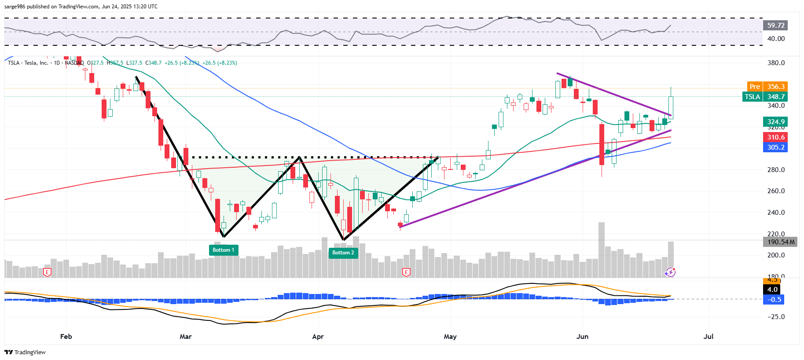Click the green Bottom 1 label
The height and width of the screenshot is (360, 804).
pyautogui.click(x=223, y=250)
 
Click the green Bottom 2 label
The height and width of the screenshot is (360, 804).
pyautogui.click(x=343, y=253)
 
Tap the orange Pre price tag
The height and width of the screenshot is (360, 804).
pyautogui.click(x=755, y=87)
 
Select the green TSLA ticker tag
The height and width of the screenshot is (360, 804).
pyautogui.click(x=752, y=97)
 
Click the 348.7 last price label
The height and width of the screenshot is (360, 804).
pyautogui.click(x=775, y=97)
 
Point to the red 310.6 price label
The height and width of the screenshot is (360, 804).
pyautogui.click(x=775, y=137)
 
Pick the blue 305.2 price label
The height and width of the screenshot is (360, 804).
pyautogui.click(x=775, y=147)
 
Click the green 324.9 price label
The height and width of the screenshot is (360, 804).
pyautogui.click(x=775, y=122)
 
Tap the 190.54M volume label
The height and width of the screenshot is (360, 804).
pyautogui.click(x=781, y=242)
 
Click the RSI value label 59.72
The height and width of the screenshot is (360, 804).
pyautogui.click(x=775, y=26)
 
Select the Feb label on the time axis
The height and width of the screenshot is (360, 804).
pyautogui.click(x=66, y=337)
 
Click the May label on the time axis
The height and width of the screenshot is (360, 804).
pyautogui.click(x=450, y=337)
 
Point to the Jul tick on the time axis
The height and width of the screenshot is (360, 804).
pyautogui.click(x=708, y=337)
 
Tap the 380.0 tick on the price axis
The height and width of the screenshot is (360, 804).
pyautogui.click(x=776, y=63)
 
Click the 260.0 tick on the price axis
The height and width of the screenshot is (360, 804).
pyautogui.click(x=776, y=191)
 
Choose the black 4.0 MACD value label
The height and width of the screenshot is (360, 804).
pyautogui.click(x=772, y=290)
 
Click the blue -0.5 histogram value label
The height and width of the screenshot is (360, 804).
pyautogui.click(x=774, y=300)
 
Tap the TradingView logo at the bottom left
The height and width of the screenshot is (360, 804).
pyautogui.click(x=25, y=352)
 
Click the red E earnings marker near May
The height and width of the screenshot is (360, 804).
pyautogui.click(x=406, y=272)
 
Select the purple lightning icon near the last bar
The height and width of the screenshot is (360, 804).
pyautogui.click(x=670, y=272)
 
